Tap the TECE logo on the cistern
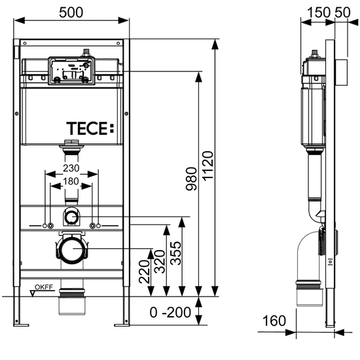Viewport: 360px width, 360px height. [x=89, y=128]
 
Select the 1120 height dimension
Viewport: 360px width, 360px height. [x=207, y=169]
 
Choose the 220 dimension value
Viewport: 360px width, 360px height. [x=145, y=273]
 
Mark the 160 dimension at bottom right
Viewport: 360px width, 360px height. [x=275, y=321]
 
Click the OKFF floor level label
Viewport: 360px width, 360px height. [x=44, y=287]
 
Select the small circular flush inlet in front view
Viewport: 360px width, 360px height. [x=71, y=215]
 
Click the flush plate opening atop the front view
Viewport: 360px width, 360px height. [x=71, y=71]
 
